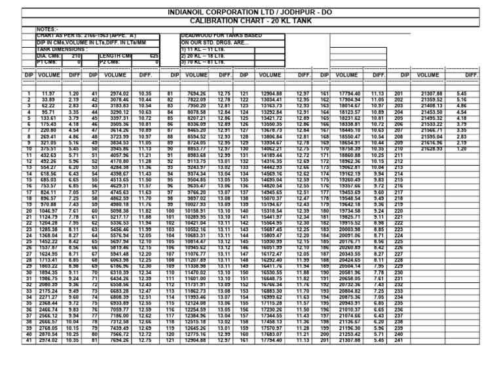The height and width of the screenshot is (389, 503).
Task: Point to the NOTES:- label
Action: click(48, 29)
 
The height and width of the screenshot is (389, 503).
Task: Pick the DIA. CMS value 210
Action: click(75, 56)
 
